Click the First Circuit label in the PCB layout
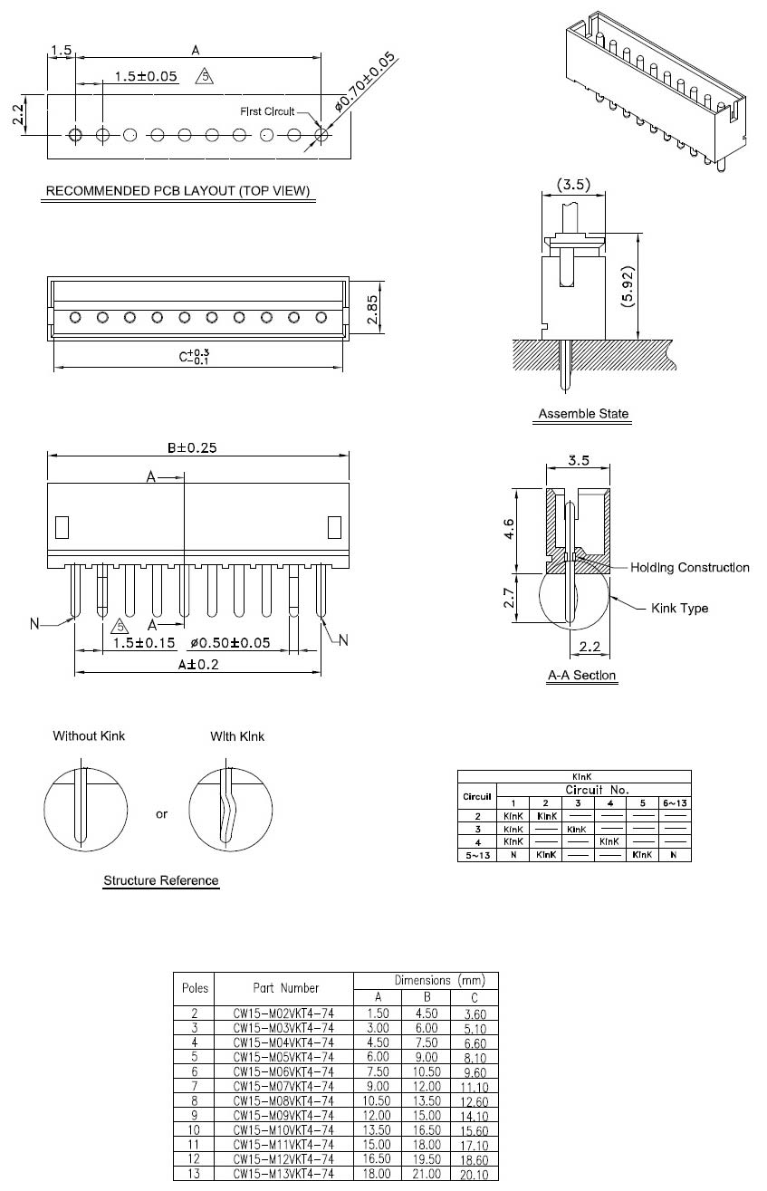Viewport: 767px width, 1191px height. [x=267, y=111]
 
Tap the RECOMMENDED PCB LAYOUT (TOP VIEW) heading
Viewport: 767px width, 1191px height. [x=178, y=191]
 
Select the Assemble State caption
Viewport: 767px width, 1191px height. [x=583, y=414]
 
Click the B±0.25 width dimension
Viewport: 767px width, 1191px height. [x=192, y=447]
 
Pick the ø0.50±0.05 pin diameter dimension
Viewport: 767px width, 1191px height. [x=231, y=643]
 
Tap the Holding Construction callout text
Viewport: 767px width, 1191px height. [x=690, y=568]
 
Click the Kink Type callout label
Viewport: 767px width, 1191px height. [x=679, y=608]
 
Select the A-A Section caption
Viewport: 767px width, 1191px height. [x=582, y=676]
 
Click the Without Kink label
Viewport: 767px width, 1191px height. [x=89, y=735]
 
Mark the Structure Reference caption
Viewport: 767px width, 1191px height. [x=161, y=880]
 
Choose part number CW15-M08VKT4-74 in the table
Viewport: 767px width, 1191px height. [x=283, y=1100]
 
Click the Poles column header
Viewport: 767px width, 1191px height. [x=196, y=988]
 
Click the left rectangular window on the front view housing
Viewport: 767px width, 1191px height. [x=62, y=526]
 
